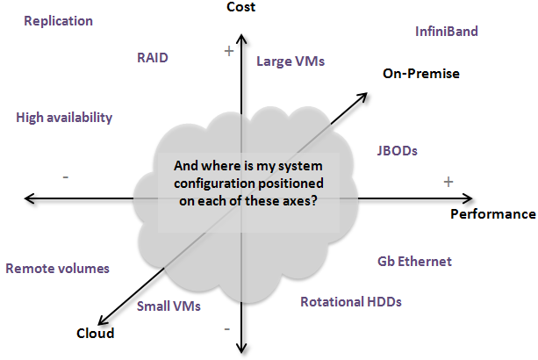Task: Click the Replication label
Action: pyautogui.click(x=58, y=20)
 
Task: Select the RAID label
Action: pyautogui.click(x=152, y=58)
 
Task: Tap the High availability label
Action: pyautogui.click(x=64, y=117)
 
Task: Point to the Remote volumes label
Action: pyautogui.click(x=57, y=269)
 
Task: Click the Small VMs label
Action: pyautogui.click(x=169, y=306)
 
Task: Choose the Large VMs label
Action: pyautogui.click(x=291, y=61)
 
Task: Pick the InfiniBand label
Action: pyautogui.click(x=446, y=32)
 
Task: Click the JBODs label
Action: pyautogui.click(x=396, y=150)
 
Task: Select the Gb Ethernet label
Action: pyautogui.click(x=414, y=261)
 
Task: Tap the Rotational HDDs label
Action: pyautogui.click(x=350, y=302)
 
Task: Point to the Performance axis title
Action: pyautogui.click(x=492, y=213)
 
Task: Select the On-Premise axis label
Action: pyautogui.click(x=421, y=73)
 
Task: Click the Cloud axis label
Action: pyautogui.click(x=95, y=333)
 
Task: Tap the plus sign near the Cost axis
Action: pyautogui.click(x=229, y=52)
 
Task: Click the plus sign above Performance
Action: pyautogui.click(x=448, y=182)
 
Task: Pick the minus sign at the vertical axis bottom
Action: pyautogui.click(x=227, y=328)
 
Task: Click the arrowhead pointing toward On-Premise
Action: pyautogui.click(x=362, y=91)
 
